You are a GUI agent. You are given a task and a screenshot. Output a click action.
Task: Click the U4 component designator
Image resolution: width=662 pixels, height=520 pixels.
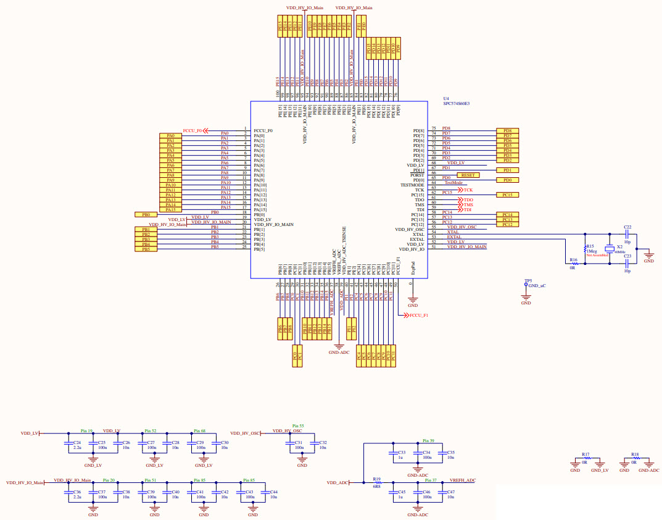click(x=446, y=99)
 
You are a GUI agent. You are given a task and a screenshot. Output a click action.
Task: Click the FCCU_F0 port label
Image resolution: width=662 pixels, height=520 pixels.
click(x=192, y=131)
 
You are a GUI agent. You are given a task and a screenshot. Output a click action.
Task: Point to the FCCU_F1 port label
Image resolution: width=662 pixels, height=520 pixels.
click(x=419, y=316)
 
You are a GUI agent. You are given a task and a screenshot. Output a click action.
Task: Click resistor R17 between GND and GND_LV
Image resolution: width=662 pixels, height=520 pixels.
click(x=586, y=458)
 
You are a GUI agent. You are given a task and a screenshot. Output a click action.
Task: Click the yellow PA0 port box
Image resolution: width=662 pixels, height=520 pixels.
click(x=170, y=136)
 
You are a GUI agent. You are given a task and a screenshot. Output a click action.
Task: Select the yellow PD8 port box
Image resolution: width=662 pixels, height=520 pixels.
click(x=507, y=131)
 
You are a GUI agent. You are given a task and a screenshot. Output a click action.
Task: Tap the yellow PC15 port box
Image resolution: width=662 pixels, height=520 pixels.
click(x=507, y=195)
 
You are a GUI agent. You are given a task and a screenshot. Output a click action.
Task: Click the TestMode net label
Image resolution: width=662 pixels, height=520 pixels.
click(x=453, y=183)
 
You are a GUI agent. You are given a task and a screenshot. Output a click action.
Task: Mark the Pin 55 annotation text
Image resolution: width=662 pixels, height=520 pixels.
click(x=298, y=426)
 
